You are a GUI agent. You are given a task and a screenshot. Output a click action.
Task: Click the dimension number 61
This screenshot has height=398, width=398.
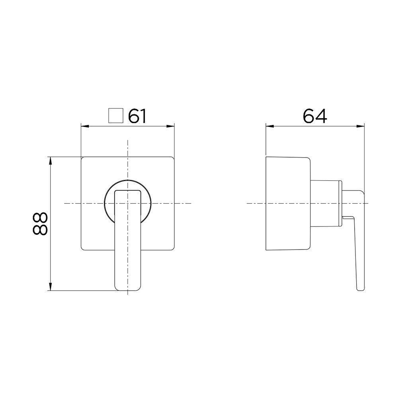tap(137, 116)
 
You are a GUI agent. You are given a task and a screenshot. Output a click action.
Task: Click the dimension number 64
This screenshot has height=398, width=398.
tap(315, 116)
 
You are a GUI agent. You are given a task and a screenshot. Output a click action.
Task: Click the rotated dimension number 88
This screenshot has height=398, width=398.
tap(40, 224)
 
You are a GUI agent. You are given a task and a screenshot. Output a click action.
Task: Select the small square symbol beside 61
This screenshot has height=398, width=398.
tap(115, 116)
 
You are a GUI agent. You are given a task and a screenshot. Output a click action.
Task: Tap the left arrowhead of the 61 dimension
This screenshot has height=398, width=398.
tap(84, 127)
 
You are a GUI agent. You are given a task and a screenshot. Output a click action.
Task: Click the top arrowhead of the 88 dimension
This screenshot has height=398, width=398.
tap(51, 160)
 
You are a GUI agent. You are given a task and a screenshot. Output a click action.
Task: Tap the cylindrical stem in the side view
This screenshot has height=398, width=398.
tap(324, 204)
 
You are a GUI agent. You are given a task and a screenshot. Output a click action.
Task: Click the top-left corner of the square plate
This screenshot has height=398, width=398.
tap(82, 158)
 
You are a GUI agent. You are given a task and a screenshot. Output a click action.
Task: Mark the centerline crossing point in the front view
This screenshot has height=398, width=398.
tap(127, 203)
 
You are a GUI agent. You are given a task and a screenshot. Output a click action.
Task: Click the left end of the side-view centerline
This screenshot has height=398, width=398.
tap(248, 203)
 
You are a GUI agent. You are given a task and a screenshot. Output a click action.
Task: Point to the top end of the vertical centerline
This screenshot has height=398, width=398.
tap(127, 140)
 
